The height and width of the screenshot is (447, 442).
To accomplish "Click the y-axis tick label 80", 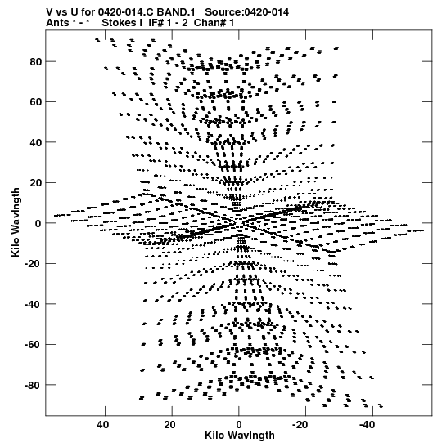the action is point(36,61).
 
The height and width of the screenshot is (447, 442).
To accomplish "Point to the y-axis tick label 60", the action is point(36,102).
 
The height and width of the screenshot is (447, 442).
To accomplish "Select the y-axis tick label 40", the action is point(36,142).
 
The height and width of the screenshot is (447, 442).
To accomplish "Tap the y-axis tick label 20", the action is point(36,183).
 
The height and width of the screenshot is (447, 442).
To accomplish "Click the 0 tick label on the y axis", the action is point(38,224).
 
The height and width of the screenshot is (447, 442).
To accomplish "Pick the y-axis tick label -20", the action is point(33,264).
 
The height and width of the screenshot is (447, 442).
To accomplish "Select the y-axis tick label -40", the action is point(33,304).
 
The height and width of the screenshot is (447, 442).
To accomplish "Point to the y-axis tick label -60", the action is point(33,345).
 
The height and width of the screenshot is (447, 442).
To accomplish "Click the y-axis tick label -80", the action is point(33,386).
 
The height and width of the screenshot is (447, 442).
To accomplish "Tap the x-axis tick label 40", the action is point(103,425).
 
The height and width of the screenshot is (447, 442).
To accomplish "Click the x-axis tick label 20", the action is point(170,425).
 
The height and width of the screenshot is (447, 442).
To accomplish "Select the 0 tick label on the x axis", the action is point(239,425).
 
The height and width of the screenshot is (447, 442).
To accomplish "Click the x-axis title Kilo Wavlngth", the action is point(240,436).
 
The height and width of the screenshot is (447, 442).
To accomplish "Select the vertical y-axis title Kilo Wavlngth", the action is point(16,222).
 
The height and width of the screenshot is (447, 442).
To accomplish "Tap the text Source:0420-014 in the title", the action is point(246,12).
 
